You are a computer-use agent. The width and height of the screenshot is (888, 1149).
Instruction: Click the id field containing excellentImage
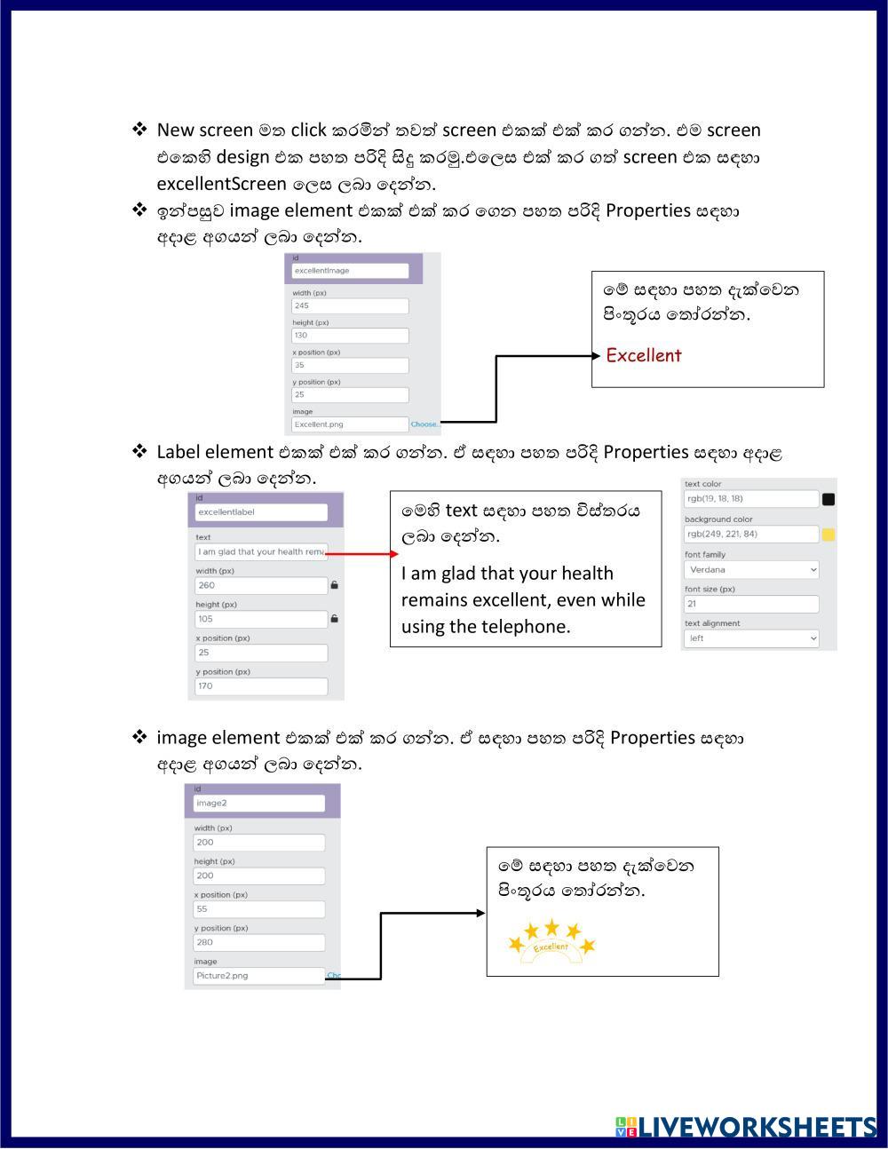click(351, 271)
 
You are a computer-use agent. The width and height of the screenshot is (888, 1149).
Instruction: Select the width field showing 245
click(351, 305)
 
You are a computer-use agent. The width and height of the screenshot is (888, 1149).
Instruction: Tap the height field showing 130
click(351, 336)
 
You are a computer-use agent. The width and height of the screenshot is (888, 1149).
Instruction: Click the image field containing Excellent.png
click(351, 424)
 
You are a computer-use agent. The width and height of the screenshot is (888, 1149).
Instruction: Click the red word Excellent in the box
click(644, 355)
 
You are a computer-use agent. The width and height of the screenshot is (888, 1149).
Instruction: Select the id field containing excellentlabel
click(261, 512)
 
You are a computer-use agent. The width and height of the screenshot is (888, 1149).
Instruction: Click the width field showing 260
click(261, 585)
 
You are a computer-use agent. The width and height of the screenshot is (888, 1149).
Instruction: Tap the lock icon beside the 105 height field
click(335, 619)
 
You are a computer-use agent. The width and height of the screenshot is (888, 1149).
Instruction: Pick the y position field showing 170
click(261, 685)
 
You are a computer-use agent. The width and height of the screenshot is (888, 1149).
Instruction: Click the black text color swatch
click(829, 499)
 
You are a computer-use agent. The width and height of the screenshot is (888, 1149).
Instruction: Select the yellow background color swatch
click(829, 534)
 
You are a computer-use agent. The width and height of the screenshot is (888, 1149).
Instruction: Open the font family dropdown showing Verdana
click(751, 569)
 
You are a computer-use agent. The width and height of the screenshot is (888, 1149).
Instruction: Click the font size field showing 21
click(751, 604)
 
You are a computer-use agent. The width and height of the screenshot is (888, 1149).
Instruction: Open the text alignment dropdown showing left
click(751, 638)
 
